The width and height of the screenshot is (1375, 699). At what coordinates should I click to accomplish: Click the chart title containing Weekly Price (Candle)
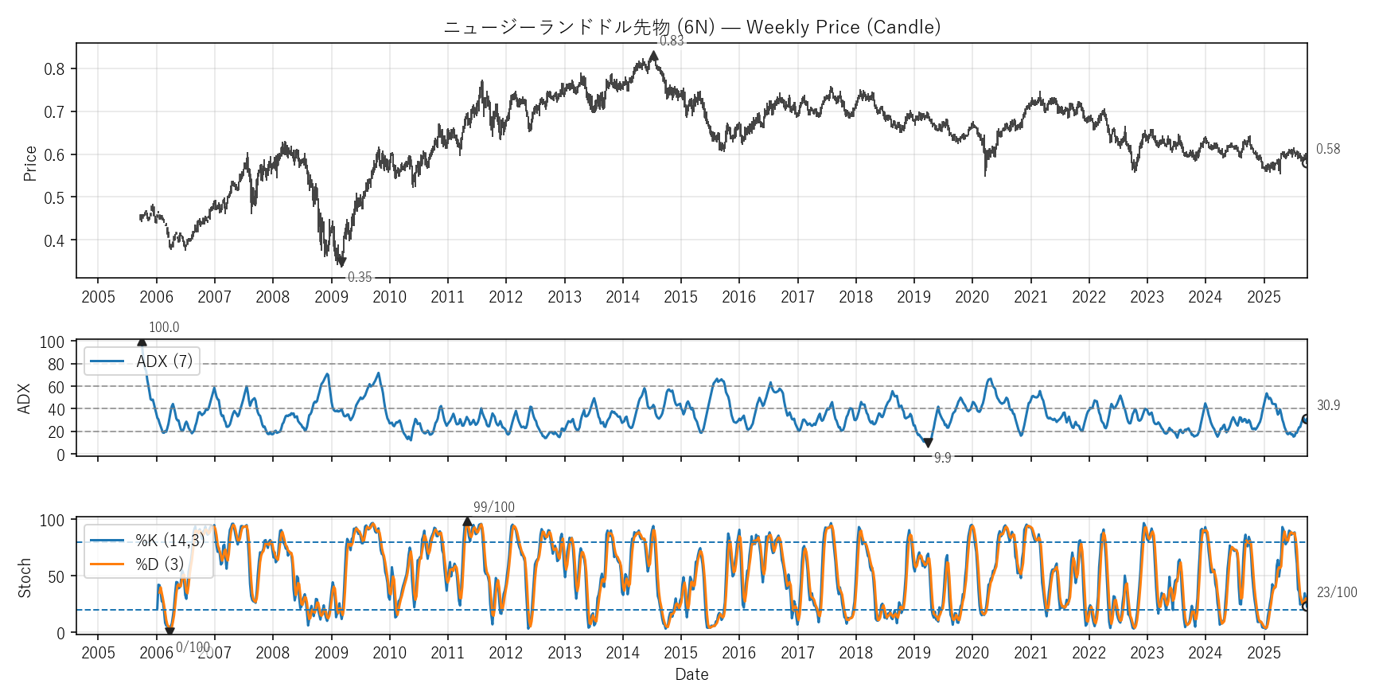(x=691, y=27)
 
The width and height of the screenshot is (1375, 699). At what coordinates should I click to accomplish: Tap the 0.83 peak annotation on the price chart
(x=672, y=41)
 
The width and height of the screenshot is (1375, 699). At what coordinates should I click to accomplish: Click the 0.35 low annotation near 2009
(x=360, y=277)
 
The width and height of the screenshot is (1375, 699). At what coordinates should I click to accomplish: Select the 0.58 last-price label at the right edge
(x=1327, y=149)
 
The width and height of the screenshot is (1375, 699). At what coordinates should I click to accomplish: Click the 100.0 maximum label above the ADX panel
(x=164, y=327)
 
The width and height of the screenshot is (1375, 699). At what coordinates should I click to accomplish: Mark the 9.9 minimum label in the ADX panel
(x=942, y=458)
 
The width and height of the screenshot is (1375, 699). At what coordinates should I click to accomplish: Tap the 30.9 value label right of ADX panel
(x=1328, y=405)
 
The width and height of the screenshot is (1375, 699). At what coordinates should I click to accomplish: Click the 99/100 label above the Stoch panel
(x=493, y=507)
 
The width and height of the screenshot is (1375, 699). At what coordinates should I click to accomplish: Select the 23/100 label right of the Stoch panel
(x=1337, y=592)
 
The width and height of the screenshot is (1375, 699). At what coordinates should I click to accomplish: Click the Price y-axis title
(x=30, y=163)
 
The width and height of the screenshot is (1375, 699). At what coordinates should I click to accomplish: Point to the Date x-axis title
(x=691, y=674)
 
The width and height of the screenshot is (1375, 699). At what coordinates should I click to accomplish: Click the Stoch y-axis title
(x=25, y=577)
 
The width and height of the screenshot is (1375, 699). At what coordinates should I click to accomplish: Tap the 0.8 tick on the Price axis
(x=54, y=69)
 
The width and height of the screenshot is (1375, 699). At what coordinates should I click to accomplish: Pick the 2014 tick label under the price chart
(x=622, y=297)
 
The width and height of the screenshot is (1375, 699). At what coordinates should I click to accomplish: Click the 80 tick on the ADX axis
(x=56, y=365)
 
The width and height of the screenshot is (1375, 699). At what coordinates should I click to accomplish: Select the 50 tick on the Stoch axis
(x=56, y=576)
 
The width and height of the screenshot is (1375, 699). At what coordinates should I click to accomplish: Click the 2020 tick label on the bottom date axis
(x=972, y=653)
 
